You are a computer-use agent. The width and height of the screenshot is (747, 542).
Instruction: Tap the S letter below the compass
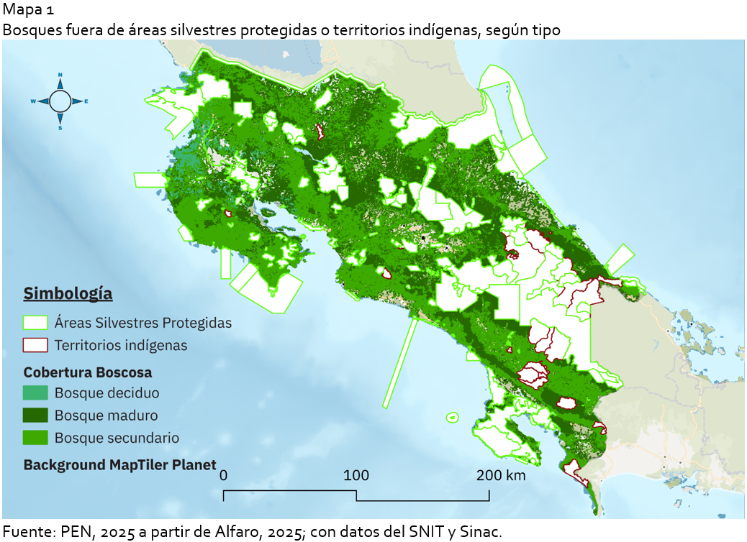tap(60, 128)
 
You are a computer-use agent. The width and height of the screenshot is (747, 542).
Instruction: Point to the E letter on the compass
tap(86, 101)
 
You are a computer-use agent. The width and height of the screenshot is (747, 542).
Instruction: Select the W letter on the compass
tap(33, 101)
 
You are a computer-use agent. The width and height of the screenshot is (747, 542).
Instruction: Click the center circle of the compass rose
tap(60, 101)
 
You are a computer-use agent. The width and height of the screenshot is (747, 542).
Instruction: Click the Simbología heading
tap(68, 293)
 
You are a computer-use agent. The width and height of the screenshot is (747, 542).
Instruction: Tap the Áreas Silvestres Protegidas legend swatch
tap(35, 323)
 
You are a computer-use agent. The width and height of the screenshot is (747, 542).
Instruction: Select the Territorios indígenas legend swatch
tap(35, 345)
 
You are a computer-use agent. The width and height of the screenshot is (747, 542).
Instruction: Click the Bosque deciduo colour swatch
tap(35, 393)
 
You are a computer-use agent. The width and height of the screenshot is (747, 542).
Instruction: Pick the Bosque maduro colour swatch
tap(35, 415)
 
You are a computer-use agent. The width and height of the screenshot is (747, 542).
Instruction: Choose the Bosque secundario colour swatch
tap(35, 438)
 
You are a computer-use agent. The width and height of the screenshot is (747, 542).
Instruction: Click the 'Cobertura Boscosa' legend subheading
tap(87, 372)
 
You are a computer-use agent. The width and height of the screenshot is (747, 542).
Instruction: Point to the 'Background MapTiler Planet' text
tap(119, 464)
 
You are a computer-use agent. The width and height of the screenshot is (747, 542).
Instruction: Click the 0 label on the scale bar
tap(225, 475)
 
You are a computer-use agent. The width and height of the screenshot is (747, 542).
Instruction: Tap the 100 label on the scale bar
tap(356, 475)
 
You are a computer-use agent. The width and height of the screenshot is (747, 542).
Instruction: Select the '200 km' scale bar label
tap(500, 475)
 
